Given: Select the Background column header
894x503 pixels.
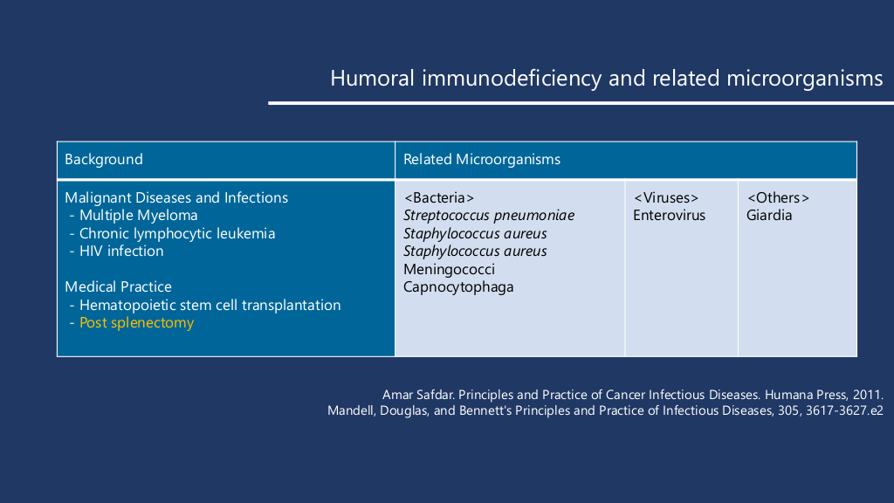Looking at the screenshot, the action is [x=104, y=159].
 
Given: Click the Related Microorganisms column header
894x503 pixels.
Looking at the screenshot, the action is [x=482, y=159].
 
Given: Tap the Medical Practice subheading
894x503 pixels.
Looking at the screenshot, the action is [x=118, y=286].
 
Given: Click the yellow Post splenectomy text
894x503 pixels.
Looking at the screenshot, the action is [x=137, y=323].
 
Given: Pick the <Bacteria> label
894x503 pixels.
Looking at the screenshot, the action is [x=439, y=198].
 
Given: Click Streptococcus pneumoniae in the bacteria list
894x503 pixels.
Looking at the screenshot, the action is [x=489, y=216].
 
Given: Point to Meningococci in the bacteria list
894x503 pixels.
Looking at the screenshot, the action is [x=450, y=269].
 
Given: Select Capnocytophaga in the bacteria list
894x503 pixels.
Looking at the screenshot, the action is [x=458, y=286].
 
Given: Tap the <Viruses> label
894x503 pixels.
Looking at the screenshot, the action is [x=666, y=198].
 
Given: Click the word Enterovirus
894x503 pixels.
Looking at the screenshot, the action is [x=670, y=216].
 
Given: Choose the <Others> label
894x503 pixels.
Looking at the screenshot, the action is [x=778, y=198].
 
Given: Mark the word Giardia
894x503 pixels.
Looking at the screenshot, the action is [x=769, y=216].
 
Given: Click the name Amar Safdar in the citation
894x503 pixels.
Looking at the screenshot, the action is [x=418, y=395].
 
